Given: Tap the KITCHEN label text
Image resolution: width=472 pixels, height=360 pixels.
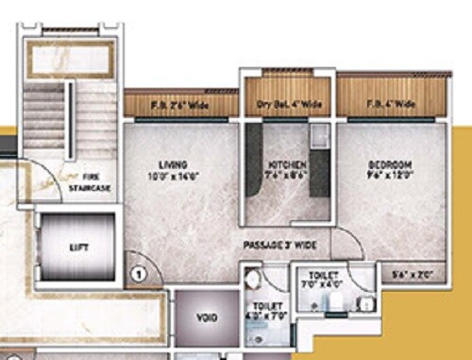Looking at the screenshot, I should point(284,164).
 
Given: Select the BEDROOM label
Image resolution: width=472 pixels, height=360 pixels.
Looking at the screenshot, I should point(386,164).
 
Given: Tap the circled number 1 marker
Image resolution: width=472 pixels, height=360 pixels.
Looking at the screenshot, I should point(138,276).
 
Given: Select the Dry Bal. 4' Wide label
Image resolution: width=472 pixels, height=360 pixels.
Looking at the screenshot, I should point(284,104).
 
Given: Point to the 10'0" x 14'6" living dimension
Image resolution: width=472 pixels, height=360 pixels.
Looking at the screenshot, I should point(173,176).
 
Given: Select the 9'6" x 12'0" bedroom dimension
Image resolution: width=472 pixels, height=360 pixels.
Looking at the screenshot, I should point(386,176).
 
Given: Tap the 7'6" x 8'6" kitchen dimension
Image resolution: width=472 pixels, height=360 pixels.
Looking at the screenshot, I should point(284,176).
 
